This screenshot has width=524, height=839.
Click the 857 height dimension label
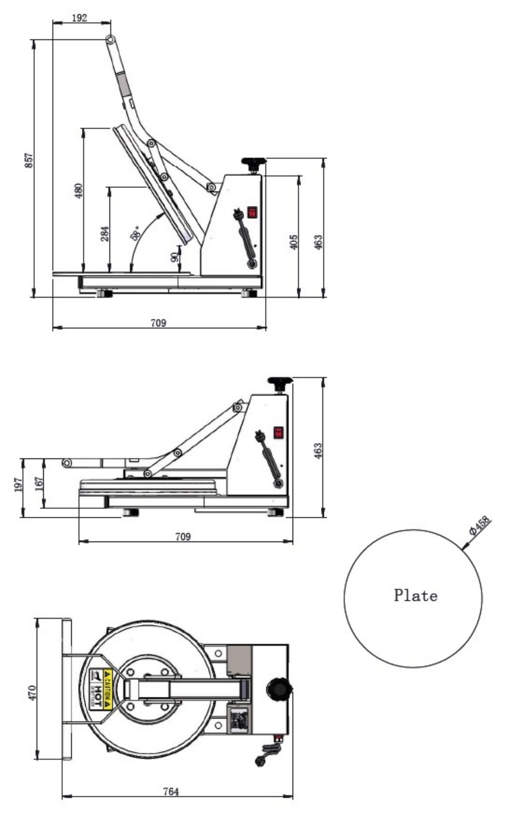pyautogui.click(x=29, y=160)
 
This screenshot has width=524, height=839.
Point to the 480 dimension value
pyautogui.click(x=79, y=190)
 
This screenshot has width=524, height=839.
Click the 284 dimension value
pyautogui.click(x=105, y=234)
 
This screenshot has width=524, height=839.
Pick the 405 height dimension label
pyautogui.click(x=294, y=242)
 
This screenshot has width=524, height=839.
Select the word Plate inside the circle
pyautogui.click(x=415, y=596)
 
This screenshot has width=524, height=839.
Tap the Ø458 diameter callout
pyautogui.click(x=480, y=526)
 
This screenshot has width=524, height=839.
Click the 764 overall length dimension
pyautogui.click(x=171, y=792)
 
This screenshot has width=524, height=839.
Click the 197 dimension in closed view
pyautogui.click(x=18, y=485)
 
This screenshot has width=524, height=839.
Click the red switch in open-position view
pyautogui.click(x=252, y=212)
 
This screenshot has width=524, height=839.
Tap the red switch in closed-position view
pyautogui.click(x=278, y=433)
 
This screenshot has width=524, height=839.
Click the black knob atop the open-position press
pyautogui.click(x=254, y=162)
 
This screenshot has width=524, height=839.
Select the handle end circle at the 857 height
pyautogui.click(x=110, y=39)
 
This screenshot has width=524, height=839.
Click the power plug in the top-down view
pyautogui.click(x=261, y=759)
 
